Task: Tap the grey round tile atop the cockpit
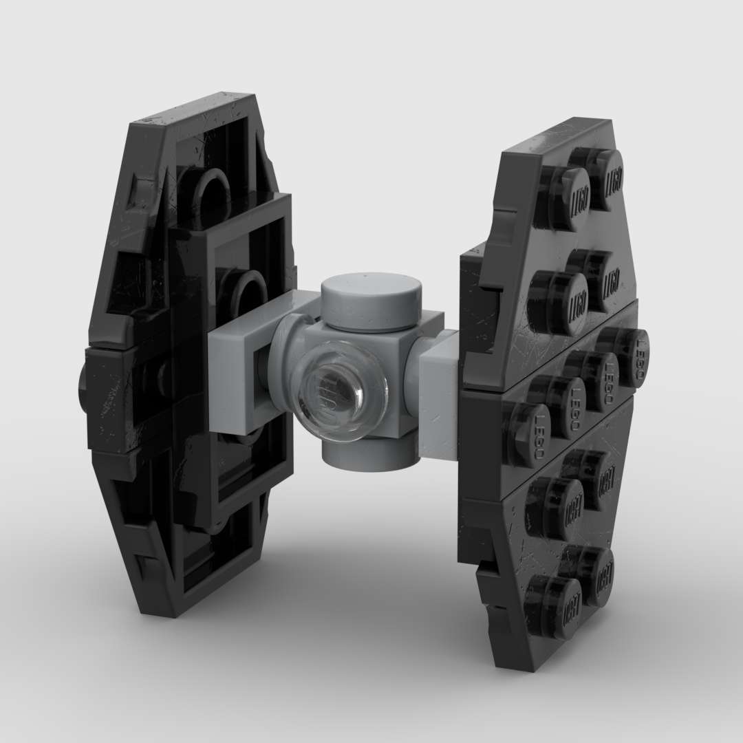371,301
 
